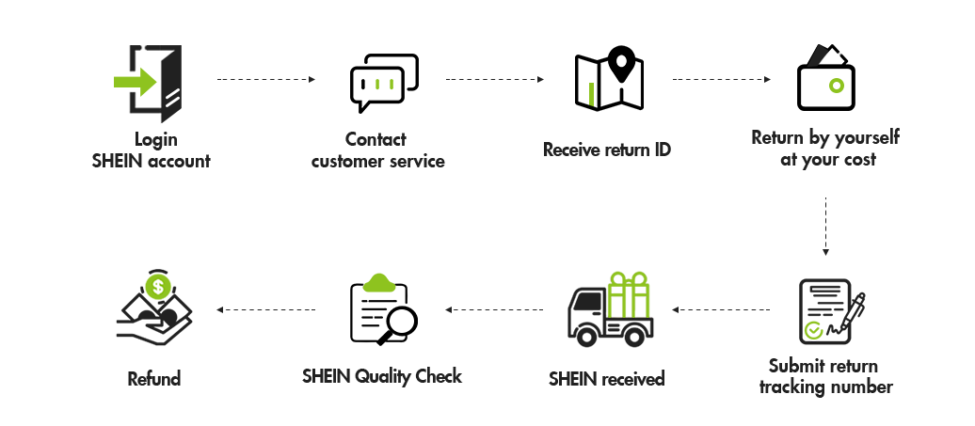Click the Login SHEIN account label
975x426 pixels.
[151, 150]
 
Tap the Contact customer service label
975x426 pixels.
[376, 150]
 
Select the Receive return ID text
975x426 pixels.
[607, 150]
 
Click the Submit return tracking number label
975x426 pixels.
[825, 376]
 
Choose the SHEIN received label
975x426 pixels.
[607, 379]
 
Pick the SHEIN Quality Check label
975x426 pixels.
[382, 377]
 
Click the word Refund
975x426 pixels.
[153, 379]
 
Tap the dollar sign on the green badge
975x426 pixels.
[159, 285]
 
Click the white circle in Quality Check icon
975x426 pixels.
[402, 322]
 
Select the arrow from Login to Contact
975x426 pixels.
[266, 80]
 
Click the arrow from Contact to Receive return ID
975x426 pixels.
[496, 80]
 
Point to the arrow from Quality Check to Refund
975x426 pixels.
[264, 309]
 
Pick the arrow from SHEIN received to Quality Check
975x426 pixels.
[493, 309]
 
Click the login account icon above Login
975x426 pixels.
[151, 85]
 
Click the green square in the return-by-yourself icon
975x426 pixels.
[837, 86]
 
